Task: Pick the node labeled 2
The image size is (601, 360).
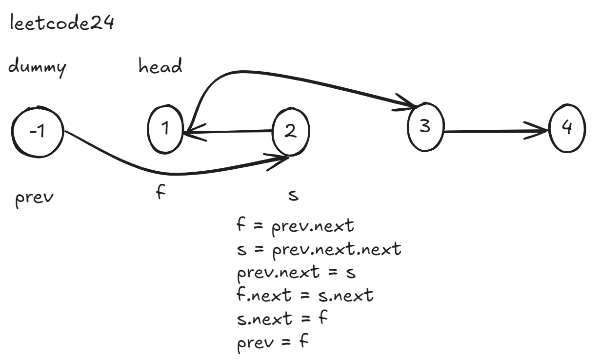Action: [291, 131]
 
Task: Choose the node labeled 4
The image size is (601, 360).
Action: [566, 129]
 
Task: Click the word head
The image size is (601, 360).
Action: [161, 66]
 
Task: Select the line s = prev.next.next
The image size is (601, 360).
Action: [318, 250]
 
